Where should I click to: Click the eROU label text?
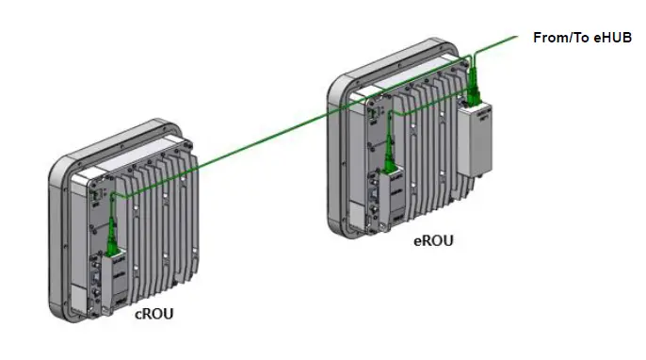coord(434,241)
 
